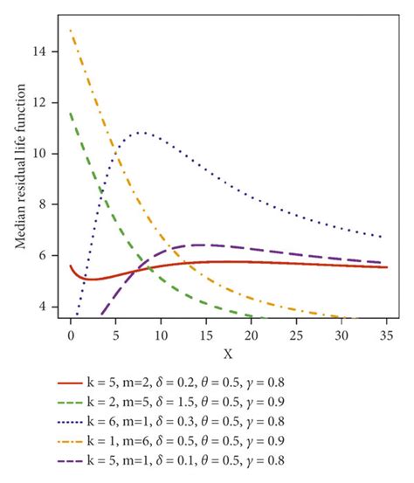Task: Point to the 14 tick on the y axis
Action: click(x=47, y=52)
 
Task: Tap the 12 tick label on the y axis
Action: click(x=47, y=102)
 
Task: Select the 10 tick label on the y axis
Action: click(x=47, y=154)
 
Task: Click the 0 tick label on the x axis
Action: click(x=71, y=335)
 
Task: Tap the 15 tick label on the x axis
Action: click(x=204, y=335)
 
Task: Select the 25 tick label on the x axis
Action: click(x=292, y=335)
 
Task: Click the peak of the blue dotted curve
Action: click(x=140, y=133)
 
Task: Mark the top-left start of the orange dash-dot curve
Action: click(x=71, y=31)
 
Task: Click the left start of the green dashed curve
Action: click(x=71, y=112)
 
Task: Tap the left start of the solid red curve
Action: click(x=71, y=266)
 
